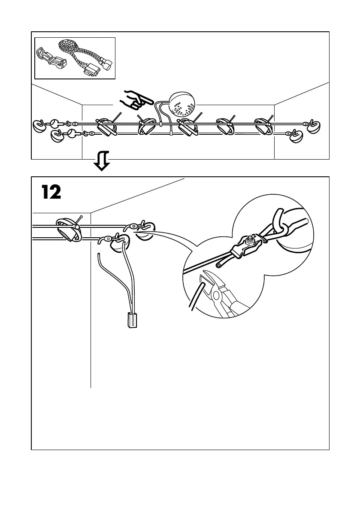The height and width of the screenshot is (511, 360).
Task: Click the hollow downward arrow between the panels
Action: tap(102, 161)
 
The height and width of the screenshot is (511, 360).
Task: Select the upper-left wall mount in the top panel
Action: tap(39, 126)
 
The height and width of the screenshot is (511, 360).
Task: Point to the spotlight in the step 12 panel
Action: tap(69, 229)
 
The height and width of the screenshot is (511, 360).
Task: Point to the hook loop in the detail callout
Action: tap(279, 219)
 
